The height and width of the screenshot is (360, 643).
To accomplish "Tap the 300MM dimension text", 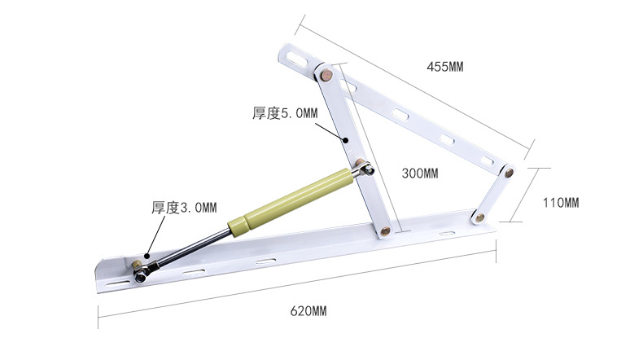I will click(420, 173).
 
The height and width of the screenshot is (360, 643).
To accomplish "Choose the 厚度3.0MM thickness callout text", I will click(184, 208).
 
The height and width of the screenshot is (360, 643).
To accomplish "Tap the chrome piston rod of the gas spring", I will click(191, 247).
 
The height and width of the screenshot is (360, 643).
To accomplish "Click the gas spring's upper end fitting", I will click(365, 169).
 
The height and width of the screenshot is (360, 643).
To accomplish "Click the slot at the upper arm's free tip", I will click(296, 58).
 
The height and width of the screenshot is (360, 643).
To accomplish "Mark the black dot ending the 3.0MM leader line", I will click(148, 254).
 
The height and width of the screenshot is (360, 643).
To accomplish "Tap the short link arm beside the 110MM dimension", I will click(493, 195).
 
